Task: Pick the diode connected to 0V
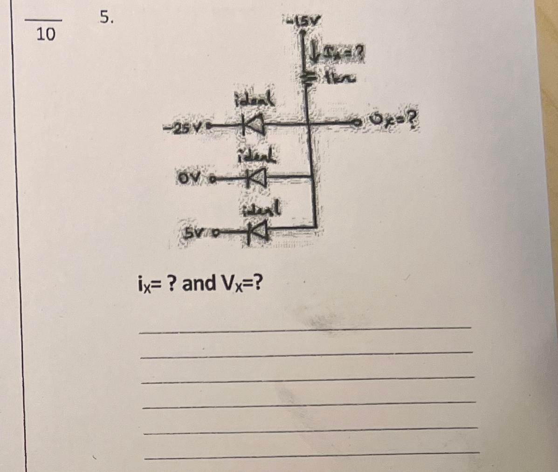[255, 178]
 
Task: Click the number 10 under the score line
[46, 34]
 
